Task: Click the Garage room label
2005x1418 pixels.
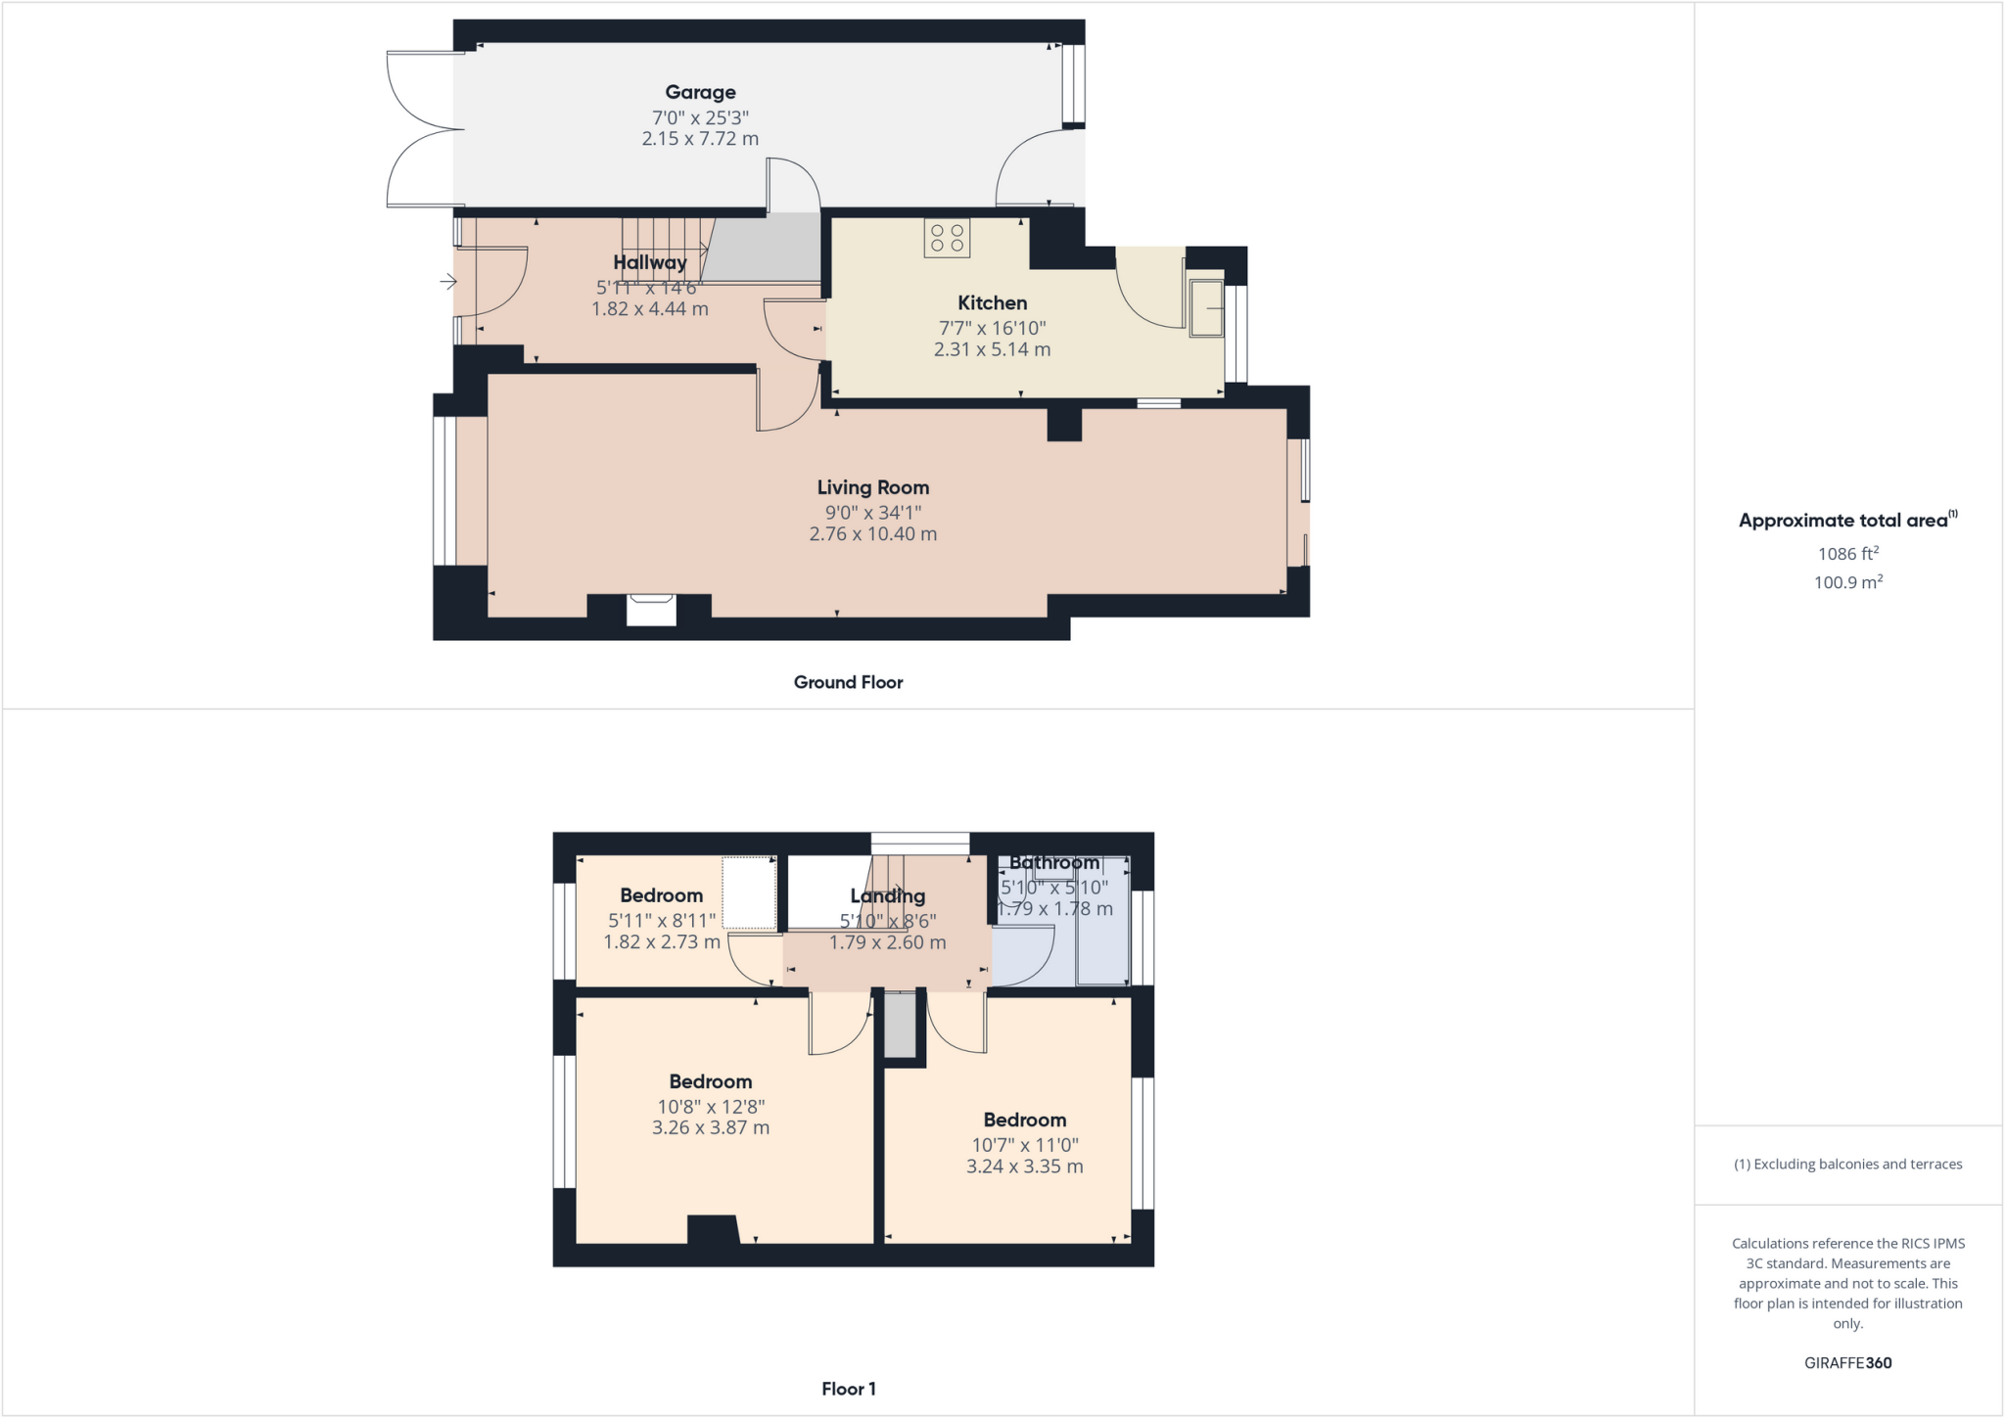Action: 700,92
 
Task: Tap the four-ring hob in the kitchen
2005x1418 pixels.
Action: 947,238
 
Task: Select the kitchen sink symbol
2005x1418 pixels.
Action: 1206,308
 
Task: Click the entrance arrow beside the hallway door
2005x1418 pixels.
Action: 448,282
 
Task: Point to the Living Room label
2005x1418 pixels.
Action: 872,487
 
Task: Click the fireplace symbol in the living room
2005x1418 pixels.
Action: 651,610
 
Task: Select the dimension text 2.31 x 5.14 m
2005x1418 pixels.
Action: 992,349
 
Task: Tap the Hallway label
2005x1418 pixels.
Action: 650,262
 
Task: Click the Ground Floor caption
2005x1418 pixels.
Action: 848,682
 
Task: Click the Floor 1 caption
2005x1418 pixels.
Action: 848,1389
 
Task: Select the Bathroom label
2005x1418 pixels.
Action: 1054,862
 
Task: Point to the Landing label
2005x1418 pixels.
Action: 887,895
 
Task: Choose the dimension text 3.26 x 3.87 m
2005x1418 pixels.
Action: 711,1127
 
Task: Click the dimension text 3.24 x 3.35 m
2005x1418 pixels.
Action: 1024,1166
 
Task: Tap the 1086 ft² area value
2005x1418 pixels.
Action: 1847,554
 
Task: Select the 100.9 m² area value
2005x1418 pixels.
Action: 1847,582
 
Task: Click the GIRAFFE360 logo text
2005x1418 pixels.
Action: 1847,1362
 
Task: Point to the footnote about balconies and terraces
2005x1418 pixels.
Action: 1847,1164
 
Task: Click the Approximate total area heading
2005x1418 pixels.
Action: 1844,521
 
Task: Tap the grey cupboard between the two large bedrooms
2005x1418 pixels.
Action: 900,1025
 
